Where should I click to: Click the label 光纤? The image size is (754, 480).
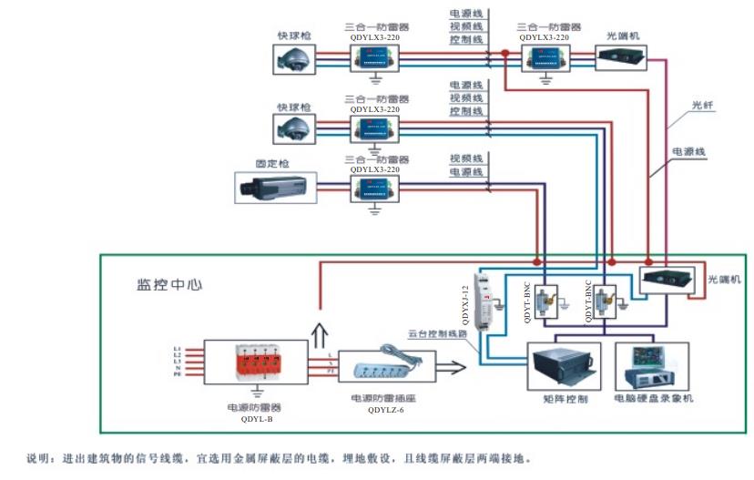[702, 106]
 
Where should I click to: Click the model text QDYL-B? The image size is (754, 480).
[257, 418]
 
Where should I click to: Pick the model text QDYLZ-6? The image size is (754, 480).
[386, 411]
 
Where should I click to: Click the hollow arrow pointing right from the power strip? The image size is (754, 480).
[451, 369]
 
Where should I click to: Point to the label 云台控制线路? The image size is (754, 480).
[438, 333]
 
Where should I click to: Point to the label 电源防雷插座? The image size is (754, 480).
[386, 399]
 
